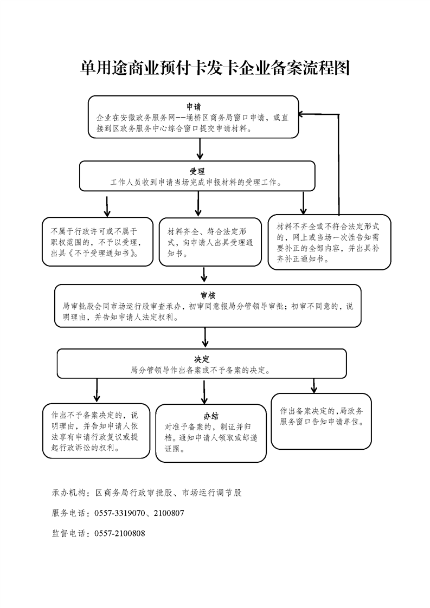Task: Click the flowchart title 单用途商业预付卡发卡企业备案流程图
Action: click(x=215, y=68)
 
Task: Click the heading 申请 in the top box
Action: click(x=194, y=107)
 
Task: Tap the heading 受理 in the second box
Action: click(x=197, y=171)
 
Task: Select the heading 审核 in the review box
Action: click(x=208, y=295)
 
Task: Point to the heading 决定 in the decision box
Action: click(x=202, y=359)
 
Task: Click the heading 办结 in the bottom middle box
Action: click(x=211, y=417)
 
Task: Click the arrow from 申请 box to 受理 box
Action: click(x=200, y=149)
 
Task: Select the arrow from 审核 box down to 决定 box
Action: click(x=206, y=338)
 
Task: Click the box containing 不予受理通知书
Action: click(x=98, y=242)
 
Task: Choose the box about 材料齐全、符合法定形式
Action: click(x=210, y=242)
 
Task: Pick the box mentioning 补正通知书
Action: click(x=330, y=242)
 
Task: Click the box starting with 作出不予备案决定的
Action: click(x=96, y=431)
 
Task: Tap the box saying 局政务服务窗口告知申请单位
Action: click(x=322, y=422)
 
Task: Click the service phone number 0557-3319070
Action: click(x=119, y=513)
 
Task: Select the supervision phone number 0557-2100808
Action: click(x=119, y=533)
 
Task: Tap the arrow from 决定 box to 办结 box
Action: click(x=204, y=392)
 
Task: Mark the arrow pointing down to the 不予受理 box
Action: click(x=107, y=206)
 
